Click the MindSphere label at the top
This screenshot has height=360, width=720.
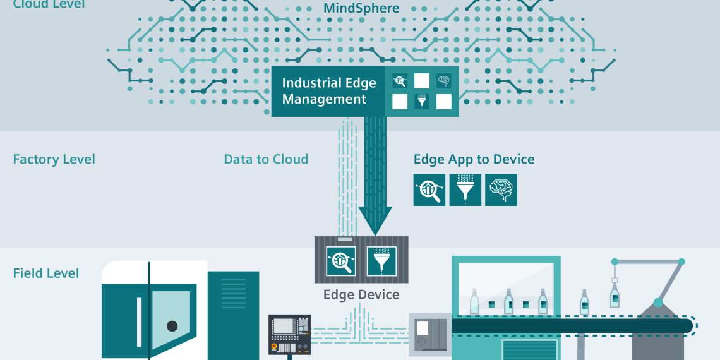[x=361, y=8]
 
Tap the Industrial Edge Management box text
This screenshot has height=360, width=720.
[x=328, y=91]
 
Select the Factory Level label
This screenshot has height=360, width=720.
[x=54, y=159]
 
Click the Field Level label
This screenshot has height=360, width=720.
[x=46, y=273]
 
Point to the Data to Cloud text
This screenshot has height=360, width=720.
[x=266, y=159]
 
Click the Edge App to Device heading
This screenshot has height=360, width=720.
[x=474, y=159]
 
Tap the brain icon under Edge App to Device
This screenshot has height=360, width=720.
[x=501, y=190]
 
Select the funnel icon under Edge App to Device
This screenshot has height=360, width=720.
[x=465, y=190]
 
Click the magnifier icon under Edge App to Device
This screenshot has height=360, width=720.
[x=429, y=190]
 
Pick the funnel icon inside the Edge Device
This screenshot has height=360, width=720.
[x=381, y=260]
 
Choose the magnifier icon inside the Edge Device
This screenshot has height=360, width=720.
[x=341, y=260]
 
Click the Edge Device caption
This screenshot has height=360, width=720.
[x=361, y=294]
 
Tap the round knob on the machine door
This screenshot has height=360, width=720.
[x=172, y=326]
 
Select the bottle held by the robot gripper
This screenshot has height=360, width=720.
[x=614, y=295]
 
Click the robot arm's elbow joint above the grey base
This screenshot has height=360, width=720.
[x=658, y=303]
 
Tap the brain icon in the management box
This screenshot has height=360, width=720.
[x=444, y=81]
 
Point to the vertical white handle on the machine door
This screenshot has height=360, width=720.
[x=140, y=322]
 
